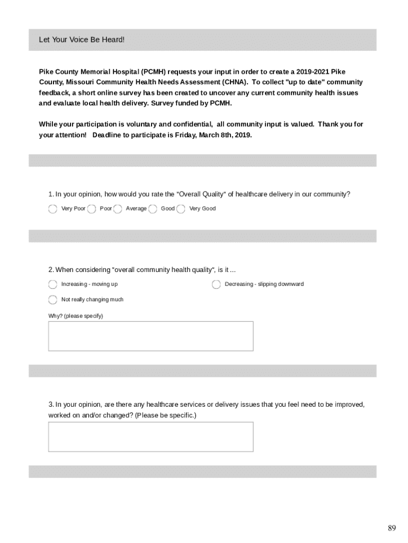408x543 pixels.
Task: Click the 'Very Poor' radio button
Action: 52,209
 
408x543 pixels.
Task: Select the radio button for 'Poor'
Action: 92,209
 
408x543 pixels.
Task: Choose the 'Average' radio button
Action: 118,209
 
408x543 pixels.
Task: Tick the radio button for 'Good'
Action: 153,209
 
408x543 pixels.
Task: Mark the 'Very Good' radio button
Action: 181,209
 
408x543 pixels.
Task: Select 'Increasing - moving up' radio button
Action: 52,285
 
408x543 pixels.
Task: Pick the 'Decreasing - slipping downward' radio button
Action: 216,285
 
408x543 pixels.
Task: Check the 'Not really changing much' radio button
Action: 52,300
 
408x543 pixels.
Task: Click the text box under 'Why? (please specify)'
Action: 150,336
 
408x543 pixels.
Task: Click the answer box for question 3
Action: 150,436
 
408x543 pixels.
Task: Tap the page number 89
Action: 392,528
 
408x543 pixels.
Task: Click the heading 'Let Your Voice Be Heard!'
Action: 82,40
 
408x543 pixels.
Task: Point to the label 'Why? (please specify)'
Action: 76,316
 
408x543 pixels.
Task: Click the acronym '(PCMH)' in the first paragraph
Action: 153,72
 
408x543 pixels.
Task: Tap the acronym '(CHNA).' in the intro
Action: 234,82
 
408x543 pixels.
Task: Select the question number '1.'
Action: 51,194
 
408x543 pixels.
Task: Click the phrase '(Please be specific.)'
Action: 165,415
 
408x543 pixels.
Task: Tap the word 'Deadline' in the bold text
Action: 108,135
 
